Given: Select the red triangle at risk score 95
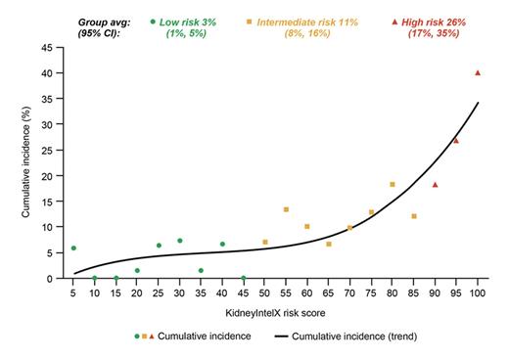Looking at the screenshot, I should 456,140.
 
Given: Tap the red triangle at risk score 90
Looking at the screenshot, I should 435,184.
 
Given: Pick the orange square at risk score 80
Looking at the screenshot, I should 393,184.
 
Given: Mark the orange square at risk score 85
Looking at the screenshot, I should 414,216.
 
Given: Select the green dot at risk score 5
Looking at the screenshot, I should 73,248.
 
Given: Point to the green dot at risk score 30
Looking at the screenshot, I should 180,241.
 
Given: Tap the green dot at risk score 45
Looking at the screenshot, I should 244,278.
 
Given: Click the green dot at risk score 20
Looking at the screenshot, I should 137,270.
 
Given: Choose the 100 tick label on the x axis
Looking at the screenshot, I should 478,292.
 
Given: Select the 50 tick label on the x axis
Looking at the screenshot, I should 265,292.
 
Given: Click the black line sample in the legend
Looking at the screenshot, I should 302,336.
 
